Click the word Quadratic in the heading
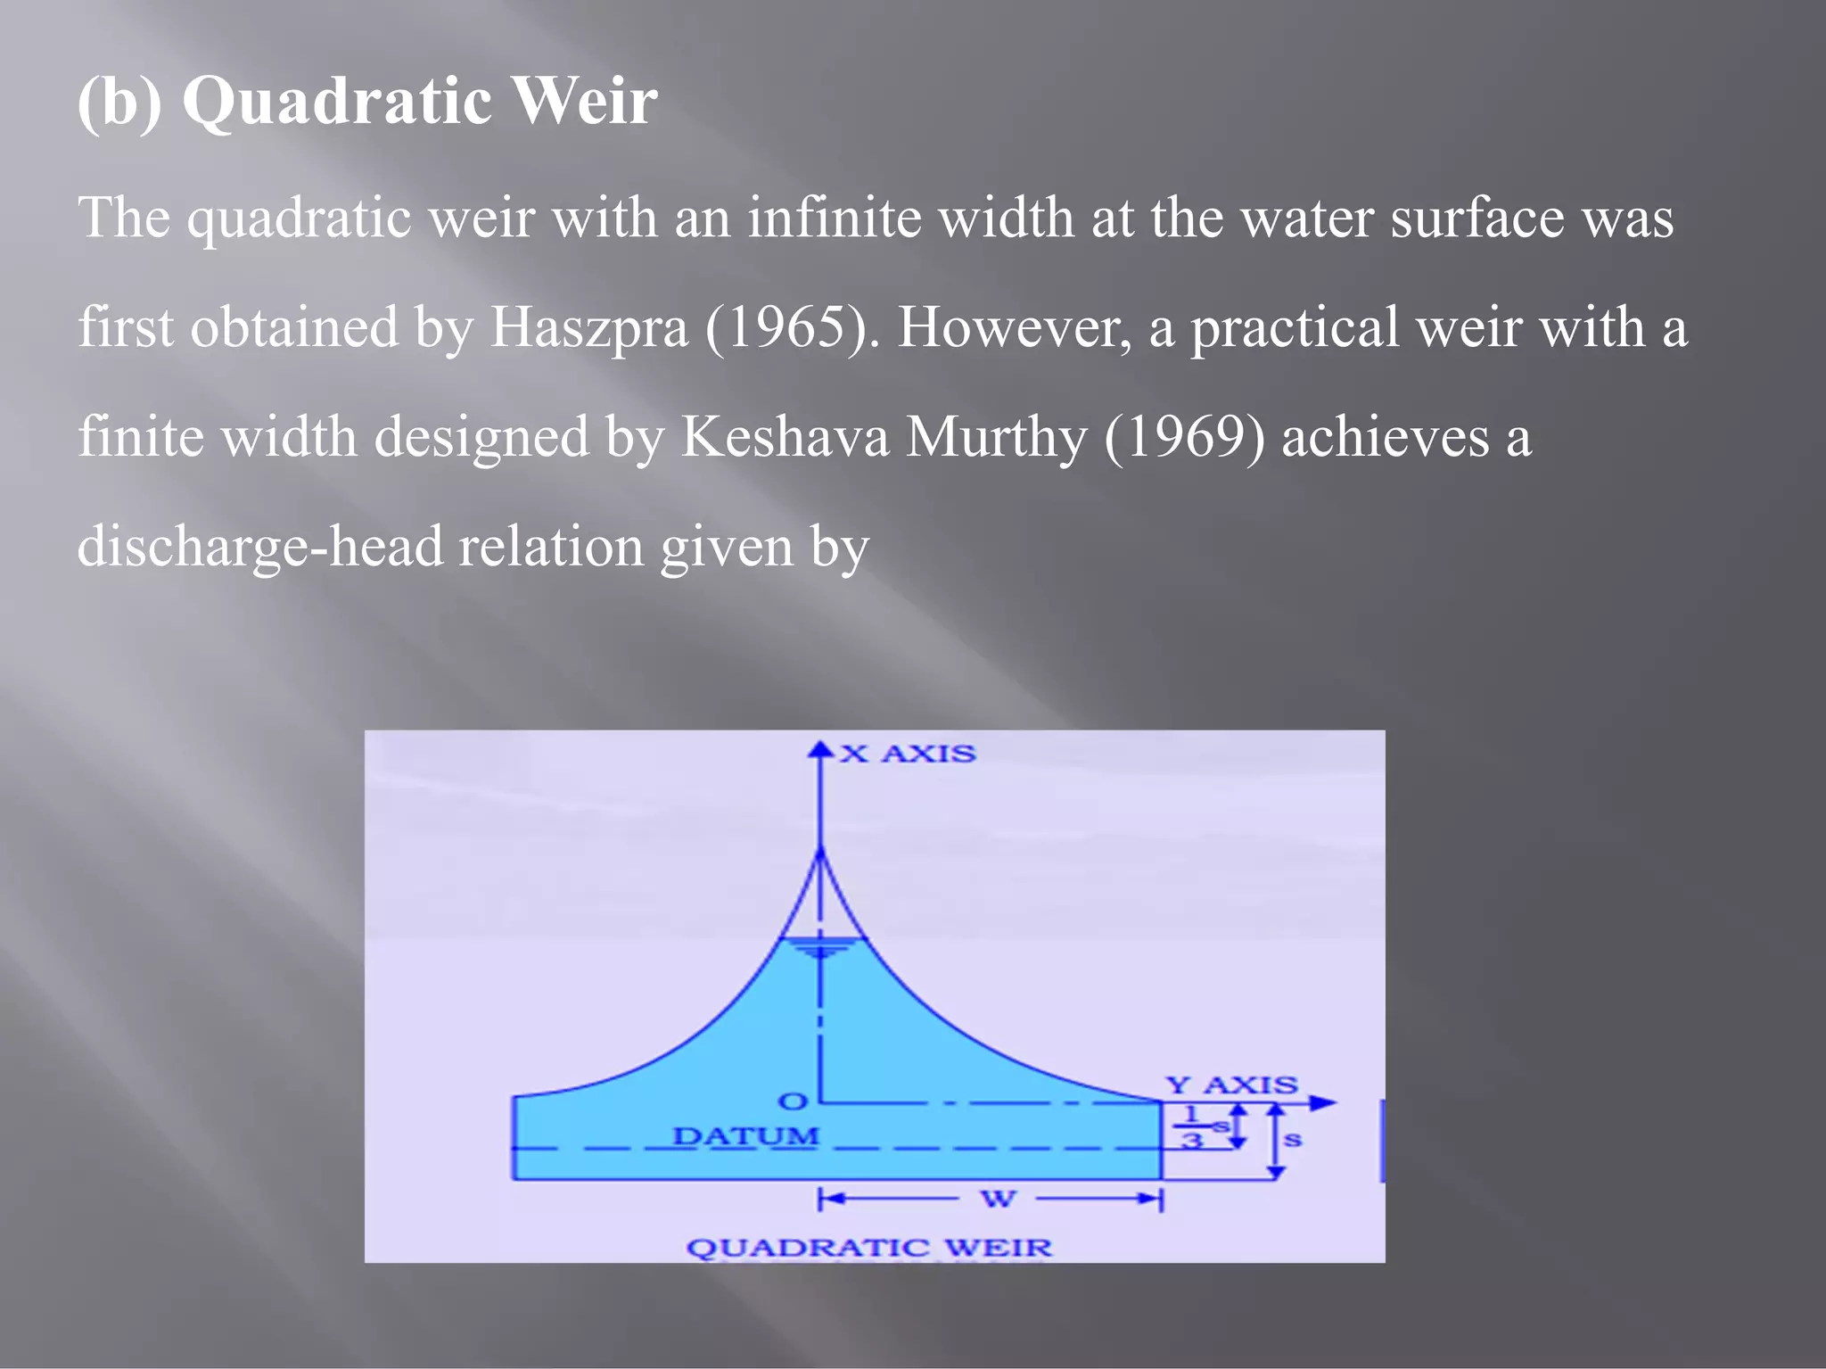[x=336, y=102]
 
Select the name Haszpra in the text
[x=588, y=327]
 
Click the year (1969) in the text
[x=1184, y=437]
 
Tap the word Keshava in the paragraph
[x=785, y=437]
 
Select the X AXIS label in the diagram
[x=908, y=755]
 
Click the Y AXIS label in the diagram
[x=1231, y=1085]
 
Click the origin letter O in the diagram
[x=793, y=1102]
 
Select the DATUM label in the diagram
[x=745, y=1137]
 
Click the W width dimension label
[x=998, y=1199]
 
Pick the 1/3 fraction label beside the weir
[x=1192, y=1127]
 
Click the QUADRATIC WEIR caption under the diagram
[x=868, y=1247]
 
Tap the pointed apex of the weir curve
[x=820, y=853]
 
